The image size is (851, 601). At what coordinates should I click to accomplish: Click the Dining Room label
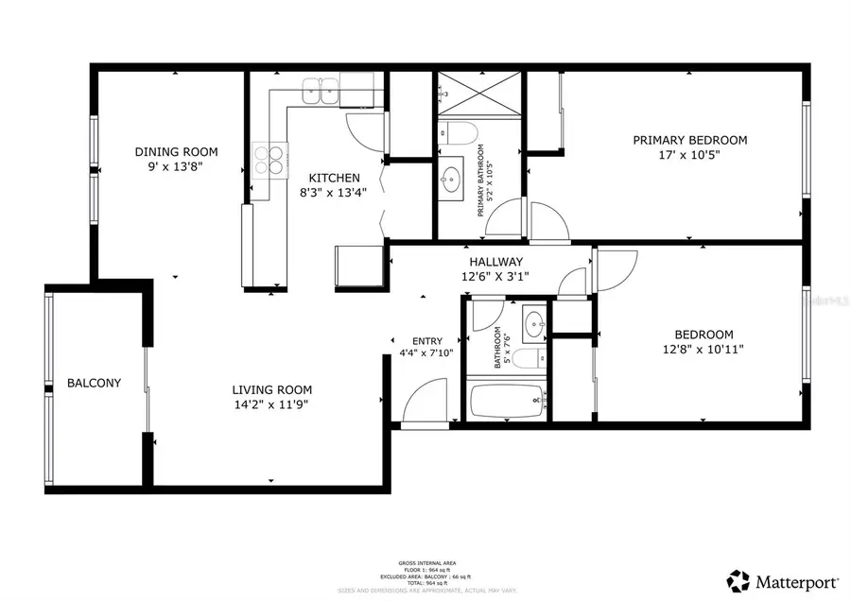pos(176,151)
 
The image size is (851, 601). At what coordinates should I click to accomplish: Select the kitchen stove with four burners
pos(269,158)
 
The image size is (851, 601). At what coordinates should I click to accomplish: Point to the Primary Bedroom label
pos(689,140)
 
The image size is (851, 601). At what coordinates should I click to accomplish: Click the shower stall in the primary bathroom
pos(479,94)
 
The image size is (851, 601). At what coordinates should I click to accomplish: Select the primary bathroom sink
pos(452,177)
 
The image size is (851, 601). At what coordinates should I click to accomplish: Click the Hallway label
pos(495,262)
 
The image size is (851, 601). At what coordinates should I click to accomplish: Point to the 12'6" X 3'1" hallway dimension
pos(495,277)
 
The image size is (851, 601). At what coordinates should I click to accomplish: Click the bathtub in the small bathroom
pos(508,402)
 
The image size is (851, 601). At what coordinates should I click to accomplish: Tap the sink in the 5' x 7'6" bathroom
pos(533,324)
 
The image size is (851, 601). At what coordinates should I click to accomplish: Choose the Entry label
pos(426,341)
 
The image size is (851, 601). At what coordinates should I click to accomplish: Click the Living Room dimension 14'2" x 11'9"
pos(272,404)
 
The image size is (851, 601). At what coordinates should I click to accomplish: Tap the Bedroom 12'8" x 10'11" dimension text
pos(703,349)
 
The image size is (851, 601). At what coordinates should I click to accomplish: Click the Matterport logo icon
pos(738,578)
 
